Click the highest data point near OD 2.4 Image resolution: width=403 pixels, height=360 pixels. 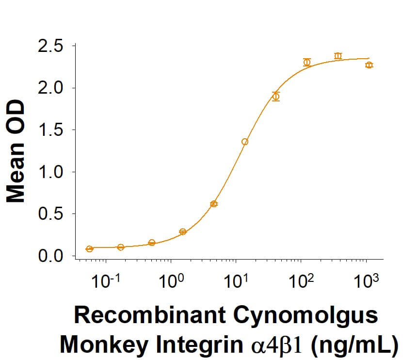pos(338,56)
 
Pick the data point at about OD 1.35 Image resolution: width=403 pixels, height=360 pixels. pos(245,142)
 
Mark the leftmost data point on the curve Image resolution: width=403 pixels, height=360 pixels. pos(89,249)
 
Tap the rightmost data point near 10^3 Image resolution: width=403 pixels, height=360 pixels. pos(369,65)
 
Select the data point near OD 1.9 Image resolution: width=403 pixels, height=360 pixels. pos(276,97)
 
